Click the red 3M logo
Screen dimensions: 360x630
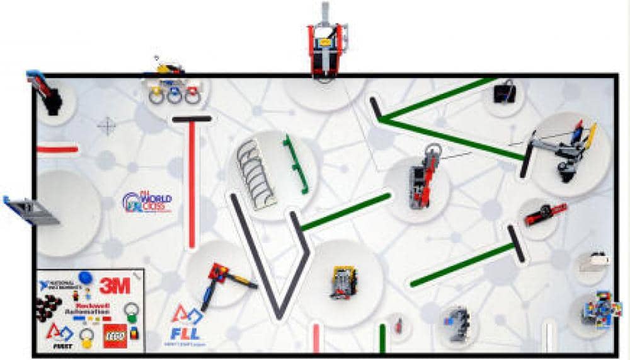coord(115,285)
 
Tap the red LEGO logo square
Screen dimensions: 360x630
coord(115,337)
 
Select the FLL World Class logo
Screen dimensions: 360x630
coord(147,202)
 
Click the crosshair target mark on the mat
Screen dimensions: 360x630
coord(107,125)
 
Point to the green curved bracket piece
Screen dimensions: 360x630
coord(296,163)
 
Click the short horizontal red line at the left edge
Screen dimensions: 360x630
coord(57,150)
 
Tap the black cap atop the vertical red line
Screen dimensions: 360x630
coord(192,119)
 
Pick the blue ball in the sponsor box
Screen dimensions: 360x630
coord(86,278)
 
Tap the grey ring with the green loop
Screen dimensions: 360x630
coord(131,311)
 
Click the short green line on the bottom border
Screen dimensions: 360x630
coord(382,338)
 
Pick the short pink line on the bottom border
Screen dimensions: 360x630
coord(316,338)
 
